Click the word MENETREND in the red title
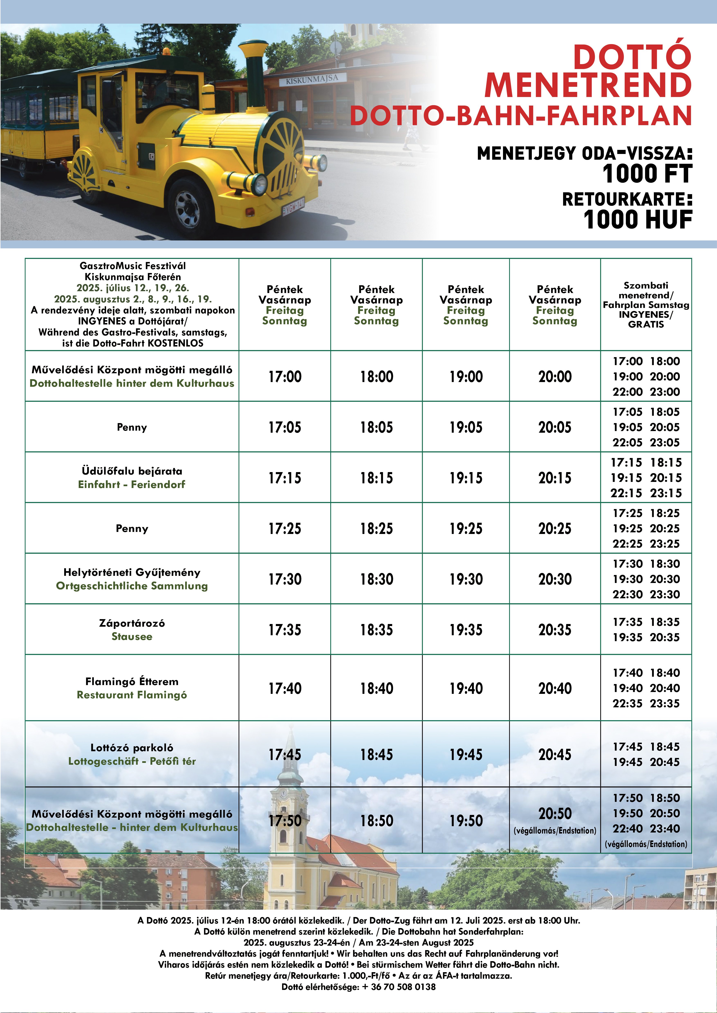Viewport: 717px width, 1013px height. pos(588,85)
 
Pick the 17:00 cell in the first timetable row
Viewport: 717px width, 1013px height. pos(285,376)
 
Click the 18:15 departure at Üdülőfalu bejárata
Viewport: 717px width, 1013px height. pos(376,478)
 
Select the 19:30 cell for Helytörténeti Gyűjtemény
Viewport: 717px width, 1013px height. pos(466,579)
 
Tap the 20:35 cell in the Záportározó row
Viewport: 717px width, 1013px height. pos(555,630)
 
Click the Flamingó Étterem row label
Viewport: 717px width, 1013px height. pos(132,682)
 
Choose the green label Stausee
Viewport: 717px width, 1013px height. pos(132,636)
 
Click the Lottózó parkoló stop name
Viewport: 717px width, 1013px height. pos(132,747)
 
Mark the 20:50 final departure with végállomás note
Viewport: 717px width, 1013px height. pos(555,814)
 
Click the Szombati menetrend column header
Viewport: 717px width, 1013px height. pos(645,304)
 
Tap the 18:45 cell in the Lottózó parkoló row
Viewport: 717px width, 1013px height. pos(376,754)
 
